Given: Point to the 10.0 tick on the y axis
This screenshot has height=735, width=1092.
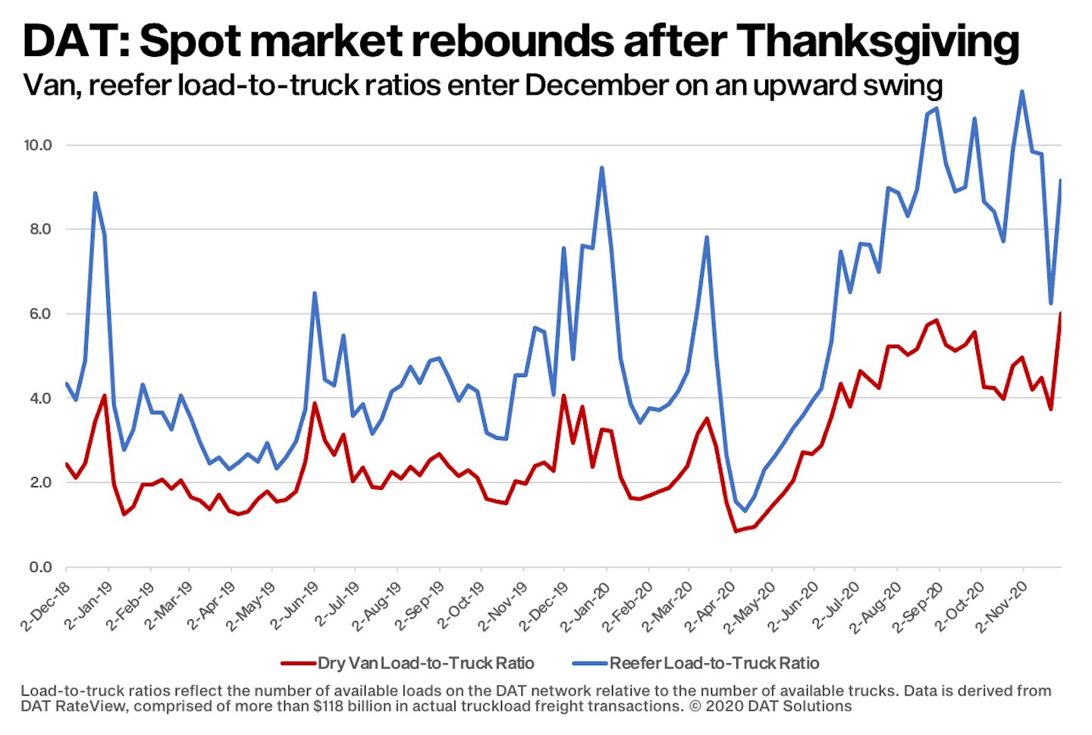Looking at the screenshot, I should click(x=37, y=145).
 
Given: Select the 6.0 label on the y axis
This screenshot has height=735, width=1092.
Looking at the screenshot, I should click(x=39, y=314).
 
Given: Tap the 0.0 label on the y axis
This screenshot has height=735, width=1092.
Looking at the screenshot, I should click(x=39, y=567).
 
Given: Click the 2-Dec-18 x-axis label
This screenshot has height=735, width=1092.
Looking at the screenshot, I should click(x=47, y=606).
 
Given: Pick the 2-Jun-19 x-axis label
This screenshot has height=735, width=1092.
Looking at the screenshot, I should click(x=297, y=606).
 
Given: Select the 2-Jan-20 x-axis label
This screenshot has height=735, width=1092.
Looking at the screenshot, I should click(x=588, y=606).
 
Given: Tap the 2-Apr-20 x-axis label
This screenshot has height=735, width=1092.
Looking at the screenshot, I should click(x=711, y=606).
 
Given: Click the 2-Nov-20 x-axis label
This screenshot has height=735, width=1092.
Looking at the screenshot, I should click(x=1003, y=606).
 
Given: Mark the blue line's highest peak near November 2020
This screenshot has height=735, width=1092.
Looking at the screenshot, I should click(x=1022, y=92).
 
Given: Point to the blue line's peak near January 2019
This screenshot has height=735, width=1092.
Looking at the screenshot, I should click(x=95, y=193).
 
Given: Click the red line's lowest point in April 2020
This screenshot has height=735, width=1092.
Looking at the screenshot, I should click(x=735, y=531).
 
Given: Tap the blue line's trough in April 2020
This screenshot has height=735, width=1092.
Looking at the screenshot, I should click(x=745, y=510).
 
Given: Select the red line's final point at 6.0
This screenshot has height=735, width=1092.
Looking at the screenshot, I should click(x=1060, y=313).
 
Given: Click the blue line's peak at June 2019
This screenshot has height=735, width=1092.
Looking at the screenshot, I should click(x=315, y=293).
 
